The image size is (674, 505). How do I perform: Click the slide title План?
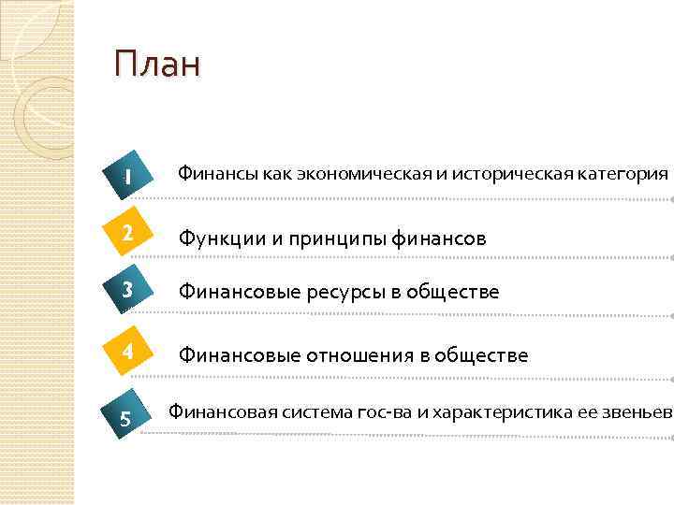point(156,65)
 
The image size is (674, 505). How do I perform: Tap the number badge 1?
point(126,176)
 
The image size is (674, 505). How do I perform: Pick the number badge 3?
point(126,290)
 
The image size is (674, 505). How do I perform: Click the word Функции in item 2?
point(222,238)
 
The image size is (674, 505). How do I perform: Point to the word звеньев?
point(638,411)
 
